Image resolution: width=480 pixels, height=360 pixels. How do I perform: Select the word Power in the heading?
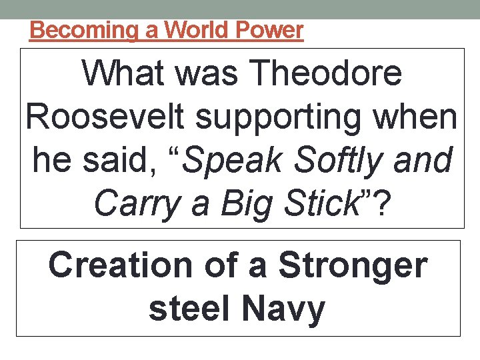coord(271,30)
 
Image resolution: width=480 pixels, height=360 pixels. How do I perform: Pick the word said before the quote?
coord(126,161)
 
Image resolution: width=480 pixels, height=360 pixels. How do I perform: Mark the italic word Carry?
coord(137,205)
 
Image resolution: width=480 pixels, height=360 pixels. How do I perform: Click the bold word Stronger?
coord(353,266)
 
